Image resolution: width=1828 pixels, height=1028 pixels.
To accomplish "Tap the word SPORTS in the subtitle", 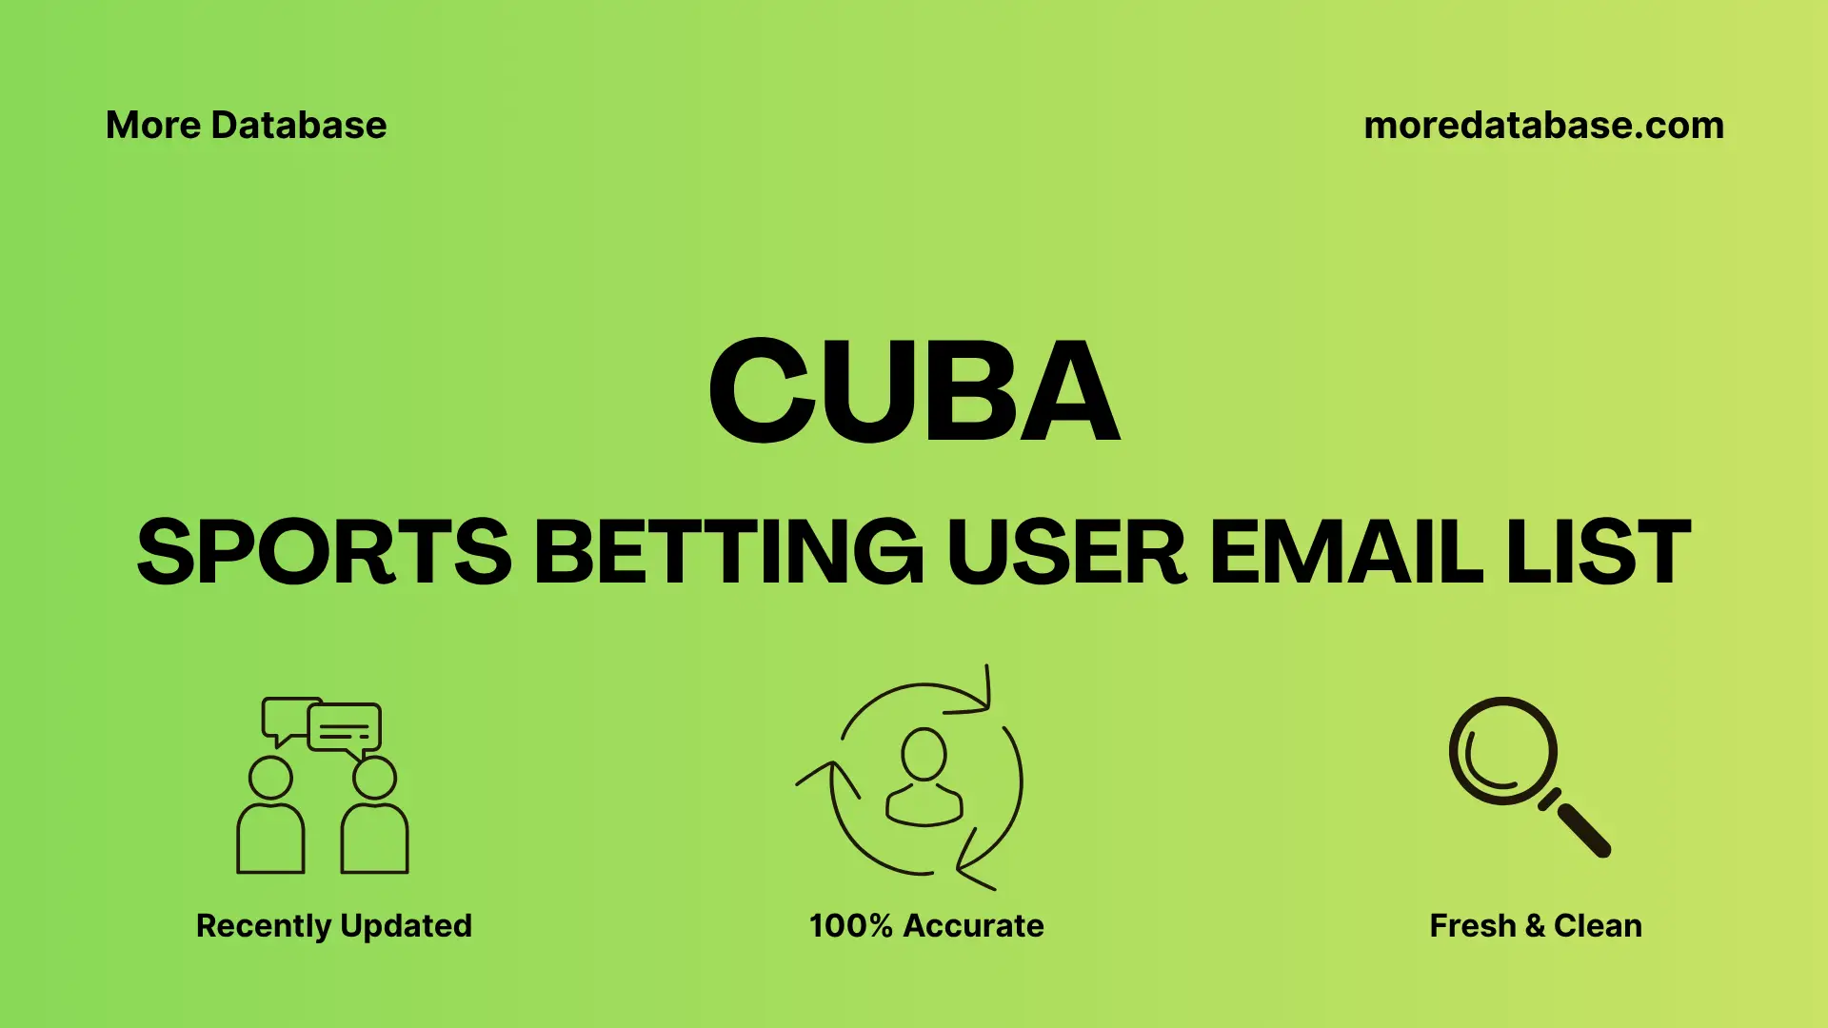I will [x=325, y=552].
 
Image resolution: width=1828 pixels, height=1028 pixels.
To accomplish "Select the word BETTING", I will [x=728, y=552].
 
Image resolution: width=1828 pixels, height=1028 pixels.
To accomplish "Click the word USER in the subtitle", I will [x=1066, y=552].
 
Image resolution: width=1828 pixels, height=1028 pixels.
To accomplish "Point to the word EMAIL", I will [x=1345, y=552].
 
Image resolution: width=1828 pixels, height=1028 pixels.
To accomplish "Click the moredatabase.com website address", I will [x=1543, y=126].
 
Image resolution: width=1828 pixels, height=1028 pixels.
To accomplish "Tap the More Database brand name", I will [x=247, y=126].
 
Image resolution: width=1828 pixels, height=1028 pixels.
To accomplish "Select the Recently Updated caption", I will [x=333, y=925].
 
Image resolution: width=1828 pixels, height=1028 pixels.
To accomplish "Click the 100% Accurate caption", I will [x=926, y=925].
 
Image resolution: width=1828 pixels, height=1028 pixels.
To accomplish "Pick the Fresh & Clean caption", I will [x=1536, y=925].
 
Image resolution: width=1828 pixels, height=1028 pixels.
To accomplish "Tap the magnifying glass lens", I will [x=1502, y=751].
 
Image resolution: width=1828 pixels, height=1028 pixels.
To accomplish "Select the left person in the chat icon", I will [x=270, y=819].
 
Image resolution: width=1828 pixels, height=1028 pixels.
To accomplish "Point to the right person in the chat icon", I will [x=374, y=819].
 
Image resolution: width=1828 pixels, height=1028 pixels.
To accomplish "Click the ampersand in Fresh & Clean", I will [x=1535, y=925].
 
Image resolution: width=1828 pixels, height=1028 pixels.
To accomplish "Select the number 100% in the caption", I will [x=850, y=925].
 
